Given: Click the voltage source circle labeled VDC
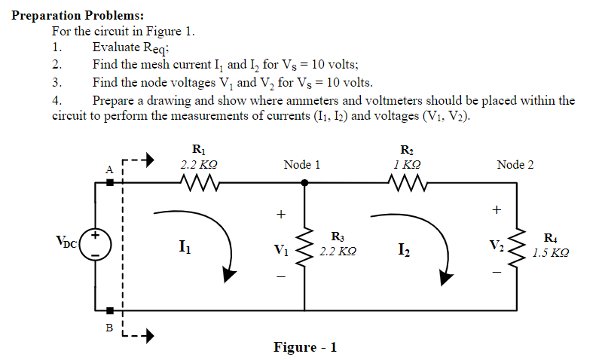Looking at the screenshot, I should tap(96, 245).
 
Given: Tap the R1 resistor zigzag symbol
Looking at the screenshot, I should tap(199, 182).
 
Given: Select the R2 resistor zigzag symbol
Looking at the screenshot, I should tap(406, 182).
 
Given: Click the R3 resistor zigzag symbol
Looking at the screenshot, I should tap(304, 245).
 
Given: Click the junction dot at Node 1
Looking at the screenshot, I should tap(304, 182).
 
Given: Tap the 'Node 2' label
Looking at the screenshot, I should tap(515, 164).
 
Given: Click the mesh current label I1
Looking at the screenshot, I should tap(185, 246).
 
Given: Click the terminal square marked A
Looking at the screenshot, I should tap(110, 182).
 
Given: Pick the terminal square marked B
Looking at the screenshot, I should tap(110, 310).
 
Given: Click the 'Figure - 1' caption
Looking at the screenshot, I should tap(305, 347).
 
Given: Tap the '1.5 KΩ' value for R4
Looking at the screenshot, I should tap(550, 254).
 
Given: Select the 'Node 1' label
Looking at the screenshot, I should tap(302, 164).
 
